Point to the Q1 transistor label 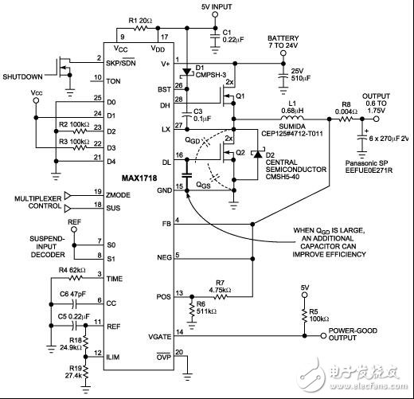tap(241, 94)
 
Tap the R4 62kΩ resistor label tap(71, 272)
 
